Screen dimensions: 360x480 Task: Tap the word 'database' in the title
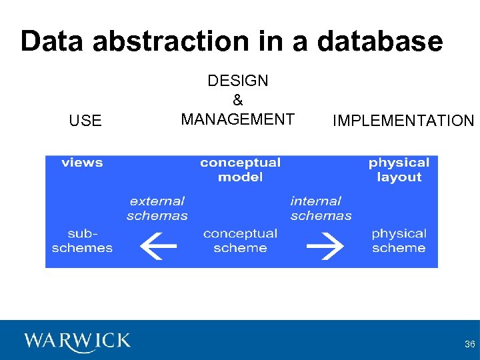pos(380,41)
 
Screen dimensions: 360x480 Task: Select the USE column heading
pos(85,121)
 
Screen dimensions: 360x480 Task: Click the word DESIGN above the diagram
pos(238,81)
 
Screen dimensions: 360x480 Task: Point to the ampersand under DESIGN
pos(238,101)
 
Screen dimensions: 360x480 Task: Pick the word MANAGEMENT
pos(238,119)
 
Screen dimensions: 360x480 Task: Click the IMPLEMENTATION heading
pos(403,121)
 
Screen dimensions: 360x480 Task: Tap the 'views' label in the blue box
pos(82,163)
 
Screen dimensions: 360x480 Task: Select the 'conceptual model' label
pos(240,170)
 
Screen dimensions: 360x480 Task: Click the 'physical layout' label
pos(399,170)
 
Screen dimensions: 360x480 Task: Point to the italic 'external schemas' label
pos(157,208)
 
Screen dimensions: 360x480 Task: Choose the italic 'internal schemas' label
pos(321,208)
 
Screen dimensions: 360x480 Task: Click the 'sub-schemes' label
pos(82,241)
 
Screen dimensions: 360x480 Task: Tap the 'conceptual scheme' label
pos(240,241)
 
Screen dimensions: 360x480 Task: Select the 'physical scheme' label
pos(399,241)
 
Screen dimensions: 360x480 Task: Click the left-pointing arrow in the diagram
pos(157,245)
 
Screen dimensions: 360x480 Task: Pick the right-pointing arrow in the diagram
pos(324,245)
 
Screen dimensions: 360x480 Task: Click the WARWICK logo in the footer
pos(77,341)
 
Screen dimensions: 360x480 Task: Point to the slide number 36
pos(469,344)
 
